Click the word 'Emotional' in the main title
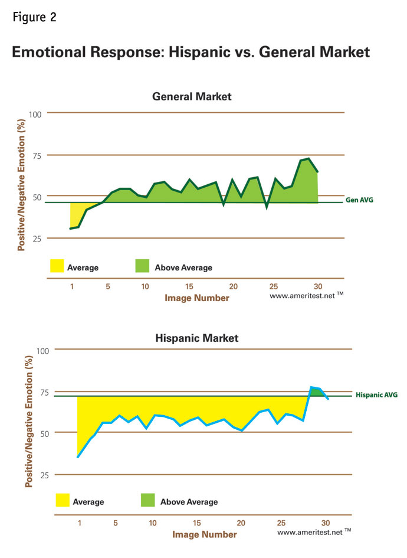[52, 52]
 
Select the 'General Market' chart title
[192, 96]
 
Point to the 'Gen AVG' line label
[359, 200]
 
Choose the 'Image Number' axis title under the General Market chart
[196, 298]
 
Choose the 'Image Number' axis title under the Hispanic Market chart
[204, 534]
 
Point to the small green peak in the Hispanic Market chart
[317, 391]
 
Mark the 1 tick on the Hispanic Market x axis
[78, 523]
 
